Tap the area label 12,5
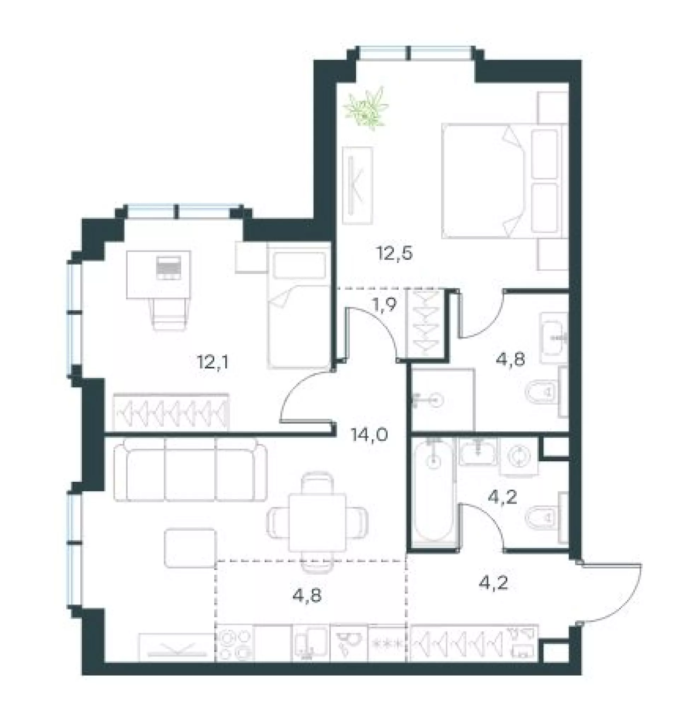point(395,254)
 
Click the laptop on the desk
point(169,268)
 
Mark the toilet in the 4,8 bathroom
point(543,392)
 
